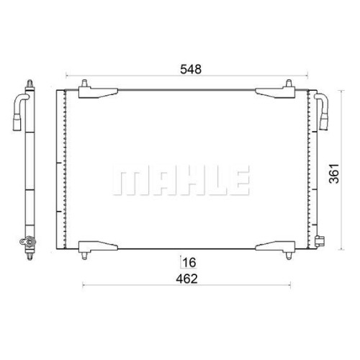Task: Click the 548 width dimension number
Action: pyautogui.click(x=191, y=69)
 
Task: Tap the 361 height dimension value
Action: pyautogui.click(x=334, y=174)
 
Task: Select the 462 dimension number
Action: pyautogui.click(x=186, y=279)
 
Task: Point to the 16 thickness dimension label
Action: pyautogui.click(x=189, y=263)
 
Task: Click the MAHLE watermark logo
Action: pyautogui.click(x=181, y=180)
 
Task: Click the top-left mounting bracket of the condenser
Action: pyautogui.click(x=98, y=90)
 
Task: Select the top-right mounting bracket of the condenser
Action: pyautogui.click(x=275, y=90)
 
